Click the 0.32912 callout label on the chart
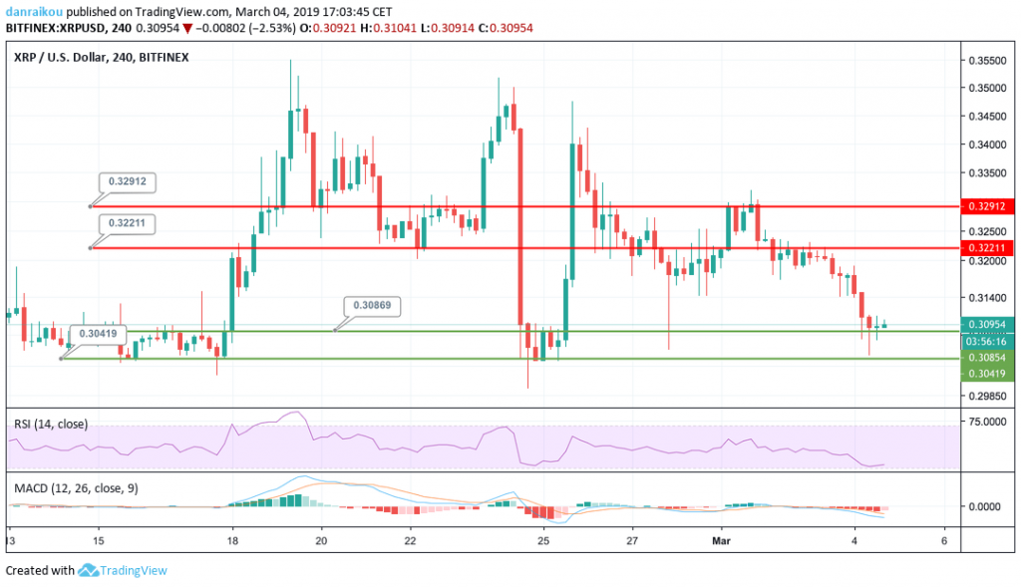click(129, 182)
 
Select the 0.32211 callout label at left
click(129, 223)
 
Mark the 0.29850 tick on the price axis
click(985, 396)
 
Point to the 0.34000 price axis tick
click(985, 145)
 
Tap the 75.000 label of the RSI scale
click(985, 422)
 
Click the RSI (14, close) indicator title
click(51, 424)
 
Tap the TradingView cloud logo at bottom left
click(88, 571)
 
